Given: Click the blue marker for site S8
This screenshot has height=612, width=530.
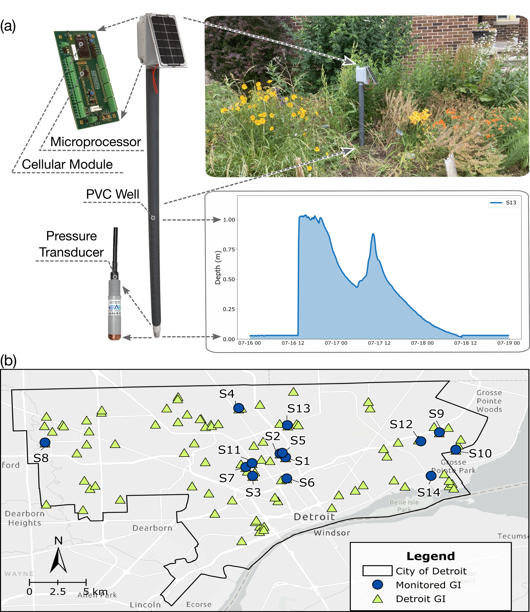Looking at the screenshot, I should (45, 442).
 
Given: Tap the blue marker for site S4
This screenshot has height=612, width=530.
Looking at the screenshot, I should (239, 408).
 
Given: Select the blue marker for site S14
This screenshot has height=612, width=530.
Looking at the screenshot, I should (431, 476).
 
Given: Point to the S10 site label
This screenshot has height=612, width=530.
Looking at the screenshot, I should (480, 453).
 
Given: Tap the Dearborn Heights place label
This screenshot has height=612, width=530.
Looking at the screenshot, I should (25, 518).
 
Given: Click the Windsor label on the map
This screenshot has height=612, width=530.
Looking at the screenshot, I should (332, 533).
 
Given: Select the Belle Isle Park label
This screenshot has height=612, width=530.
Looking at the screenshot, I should (404, 506).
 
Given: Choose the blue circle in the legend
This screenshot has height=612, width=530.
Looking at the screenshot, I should (378, 584).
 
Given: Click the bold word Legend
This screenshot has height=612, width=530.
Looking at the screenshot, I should (431, 556).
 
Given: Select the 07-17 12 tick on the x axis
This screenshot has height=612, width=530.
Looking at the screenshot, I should (379, 343).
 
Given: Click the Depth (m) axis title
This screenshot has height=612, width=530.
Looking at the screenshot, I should (218, 267).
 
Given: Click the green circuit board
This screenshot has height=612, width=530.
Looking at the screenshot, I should (86, 80).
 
